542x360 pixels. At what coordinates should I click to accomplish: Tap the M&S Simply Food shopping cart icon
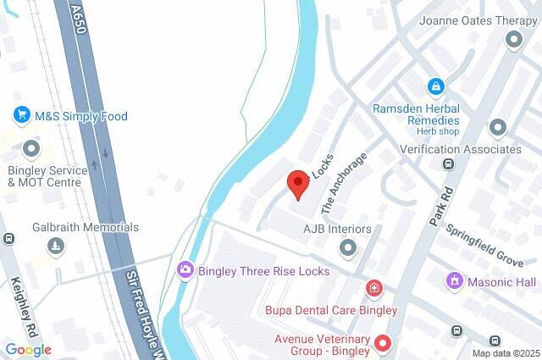21,114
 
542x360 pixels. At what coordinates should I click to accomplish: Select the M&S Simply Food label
80,115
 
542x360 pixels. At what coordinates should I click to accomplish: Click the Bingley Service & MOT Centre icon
32,150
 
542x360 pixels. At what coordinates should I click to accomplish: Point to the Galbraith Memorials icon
56,246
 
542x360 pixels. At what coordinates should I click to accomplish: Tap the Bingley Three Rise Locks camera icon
185,270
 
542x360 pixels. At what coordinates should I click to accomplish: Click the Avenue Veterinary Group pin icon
383,343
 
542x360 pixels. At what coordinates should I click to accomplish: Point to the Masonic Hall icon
455,280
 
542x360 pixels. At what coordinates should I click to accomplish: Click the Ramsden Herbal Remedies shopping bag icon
434,86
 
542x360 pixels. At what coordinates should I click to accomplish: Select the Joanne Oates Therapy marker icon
513,39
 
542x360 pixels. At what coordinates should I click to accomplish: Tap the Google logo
28,349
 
